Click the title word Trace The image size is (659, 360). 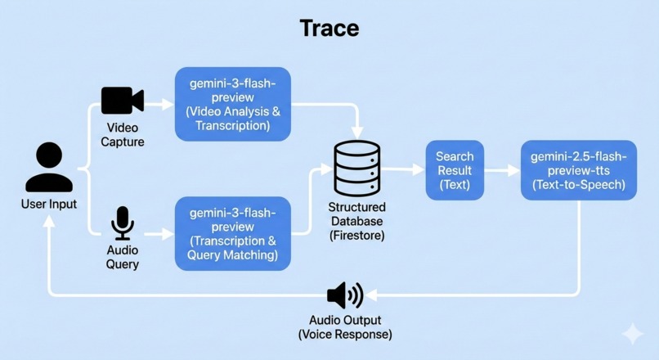[x=329, y=28]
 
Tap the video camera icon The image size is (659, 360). [x=122, y=101]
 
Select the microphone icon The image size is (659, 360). [x=123, y=223]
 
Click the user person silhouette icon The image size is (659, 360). [x=49, y=167]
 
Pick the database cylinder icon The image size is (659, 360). [x=356, y=169]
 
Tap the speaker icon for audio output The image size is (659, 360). [x=344, y=295]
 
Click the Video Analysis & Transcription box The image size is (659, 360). [x=233, y=104]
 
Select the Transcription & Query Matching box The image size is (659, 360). [x=233, y=233]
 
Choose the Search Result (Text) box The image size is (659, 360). [x=455, y=170]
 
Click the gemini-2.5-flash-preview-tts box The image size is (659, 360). [x=578, y=170]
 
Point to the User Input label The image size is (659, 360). [x=49, y=204]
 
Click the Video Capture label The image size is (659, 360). [x=123, y=135]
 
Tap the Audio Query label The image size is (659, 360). [x=123, y=257]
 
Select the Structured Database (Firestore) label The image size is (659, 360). [x=356, y=221]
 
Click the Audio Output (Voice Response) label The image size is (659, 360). [x=344, y=327]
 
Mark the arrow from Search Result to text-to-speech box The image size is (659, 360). [x=502, y=170]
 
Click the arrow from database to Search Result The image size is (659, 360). [x=404, y=169]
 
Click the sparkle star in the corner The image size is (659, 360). [x=632, y=334]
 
